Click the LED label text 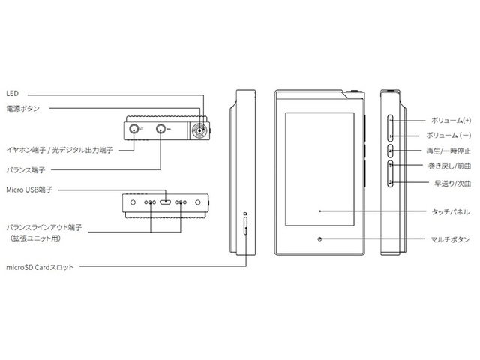11,94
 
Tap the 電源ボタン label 22,109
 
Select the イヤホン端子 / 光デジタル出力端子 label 58,150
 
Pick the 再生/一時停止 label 448,151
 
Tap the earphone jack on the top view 134,129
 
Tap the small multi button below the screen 320,239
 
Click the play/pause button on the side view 391,151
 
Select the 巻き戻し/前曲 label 448,166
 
